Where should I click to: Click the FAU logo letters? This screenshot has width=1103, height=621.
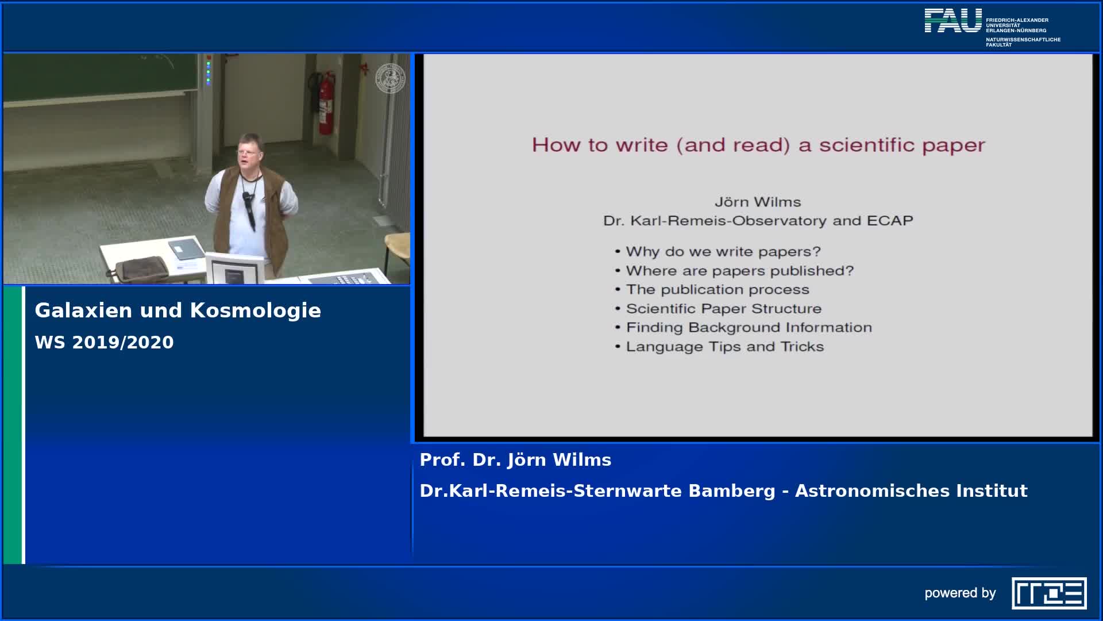point(953,21)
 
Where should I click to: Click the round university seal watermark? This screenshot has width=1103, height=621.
point(390,78)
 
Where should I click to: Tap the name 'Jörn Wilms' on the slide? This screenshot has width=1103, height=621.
point(758,202)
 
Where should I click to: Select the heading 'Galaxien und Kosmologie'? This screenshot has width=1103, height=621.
point(178,310)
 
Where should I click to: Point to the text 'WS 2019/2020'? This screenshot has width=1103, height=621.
point(104,342)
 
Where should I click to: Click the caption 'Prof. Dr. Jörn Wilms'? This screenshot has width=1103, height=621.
point(515,460)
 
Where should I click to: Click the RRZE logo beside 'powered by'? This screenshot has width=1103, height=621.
point(1049,593)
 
